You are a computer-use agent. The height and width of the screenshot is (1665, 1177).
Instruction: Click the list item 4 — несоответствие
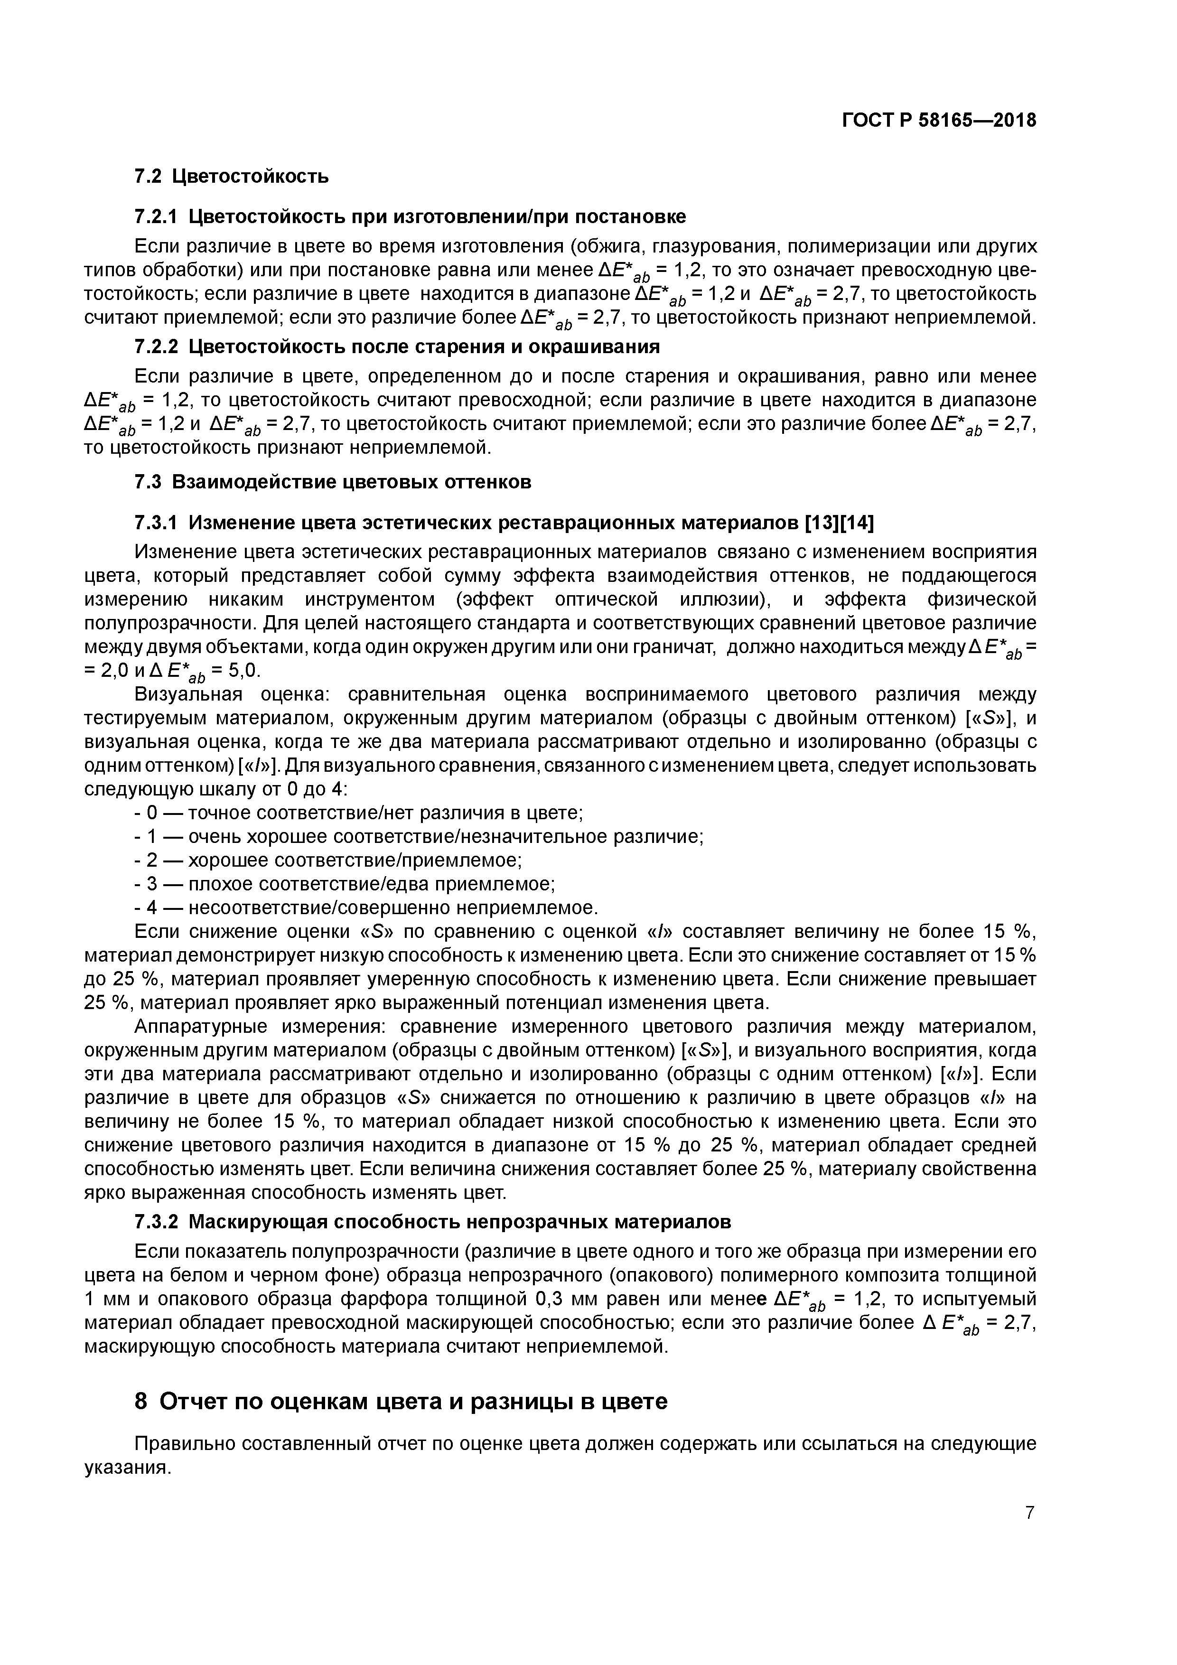[x=366, y=907]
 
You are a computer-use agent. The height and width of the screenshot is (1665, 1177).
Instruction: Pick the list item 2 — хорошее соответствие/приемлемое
[x=328, y=860]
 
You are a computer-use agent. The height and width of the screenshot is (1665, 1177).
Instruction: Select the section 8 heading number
[x=141, y=1402]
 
